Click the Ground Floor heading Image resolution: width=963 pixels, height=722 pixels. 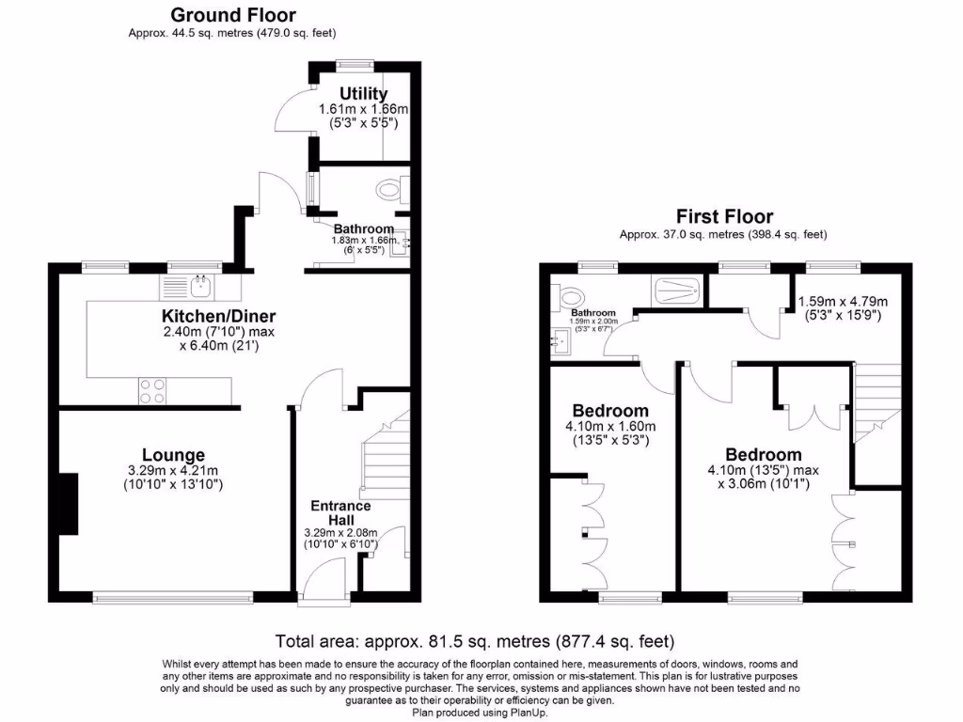tap(232, 15)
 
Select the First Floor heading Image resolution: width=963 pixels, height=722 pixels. tap(723, 217)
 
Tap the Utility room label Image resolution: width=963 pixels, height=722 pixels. tap(364, 94)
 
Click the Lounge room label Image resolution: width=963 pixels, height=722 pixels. tap(173, 456)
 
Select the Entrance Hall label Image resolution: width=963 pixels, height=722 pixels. tap(340, 512)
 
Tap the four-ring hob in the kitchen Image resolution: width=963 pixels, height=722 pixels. tap(152, 390)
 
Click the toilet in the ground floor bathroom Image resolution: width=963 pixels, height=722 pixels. tap(390, 191)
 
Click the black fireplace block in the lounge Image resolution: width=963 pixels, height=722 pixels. tap(67, 504)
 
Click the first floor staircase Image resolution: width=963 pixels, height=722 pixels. tap(877, 404)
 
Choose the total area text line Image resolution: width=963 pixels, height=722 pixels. tap(474, 642)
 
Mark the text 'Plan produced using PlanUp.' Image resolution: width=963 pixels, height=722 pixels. tap(481, 713)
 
